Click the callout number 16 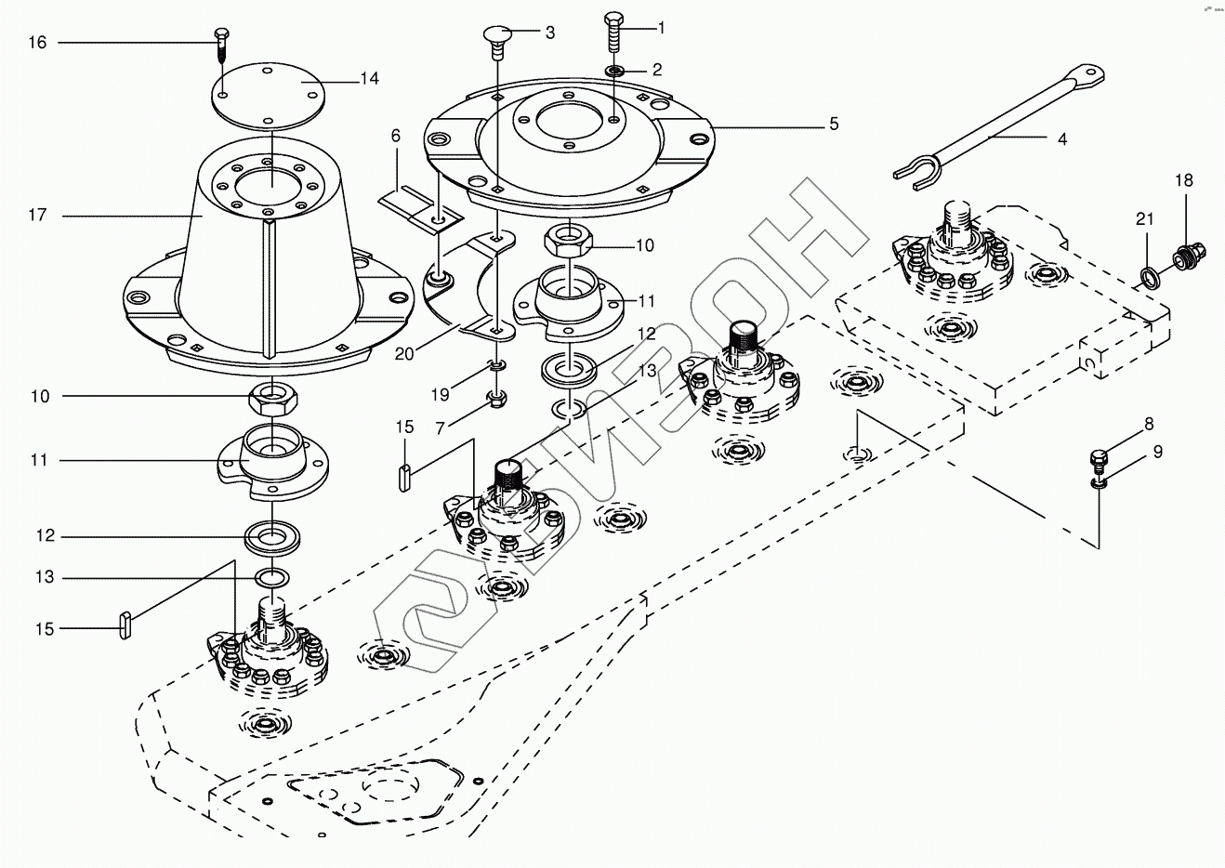(37, 43)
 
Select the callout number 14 (369, 79)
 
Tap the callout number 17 (37, 216)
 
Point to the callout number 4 (1061, 139)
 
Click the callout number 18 (1183, 180)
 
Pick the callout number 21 (1144, 219)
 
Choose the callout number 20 (403, 353)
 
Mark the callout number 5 (834, 124)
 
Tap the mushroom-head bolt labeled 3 (496, 39)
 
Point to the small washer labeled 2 (614, 71)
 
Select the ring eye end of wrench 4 (1085, 76)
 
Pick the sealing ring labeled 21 (1149, 276)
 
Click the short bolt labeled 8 (1099, 459)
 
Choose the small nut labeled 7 (497, 400)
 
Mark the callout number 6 (395, 136)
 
